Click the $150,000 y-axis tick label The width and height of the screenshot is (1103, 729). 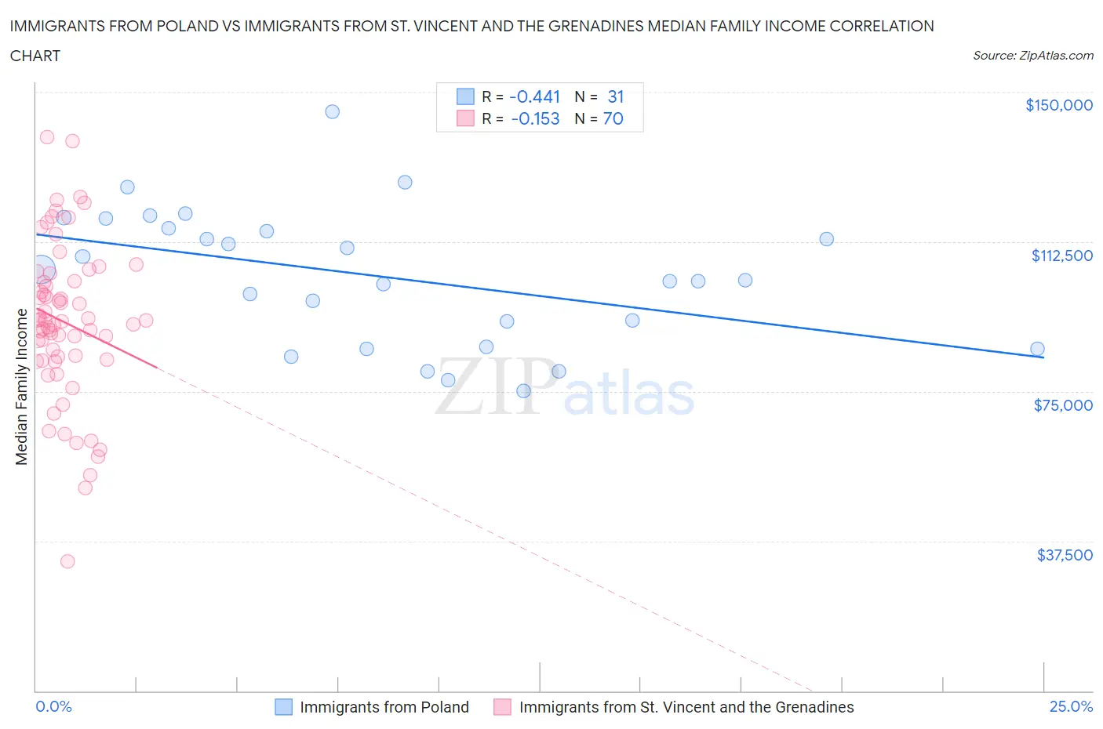(1058, 105)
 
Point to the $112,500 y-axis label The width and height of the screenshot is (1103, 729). (1061, 256)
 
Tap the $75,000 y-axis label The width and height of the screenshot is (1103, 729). (1063, 405)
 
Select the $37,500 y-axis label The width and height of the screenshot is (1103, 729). (1064, 555)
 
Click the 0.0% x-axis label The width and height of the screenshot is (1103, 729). (53, 706)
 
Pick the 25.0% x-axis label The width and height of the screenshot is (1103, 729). (1071, 706)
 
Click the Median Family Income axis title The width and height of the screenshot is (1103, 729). (22, 386)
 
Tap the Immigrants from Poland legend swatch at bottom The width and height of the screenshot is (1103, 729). (283, 707)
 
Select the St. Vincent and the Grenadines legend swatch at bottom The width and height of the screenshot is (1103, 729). (502, 707)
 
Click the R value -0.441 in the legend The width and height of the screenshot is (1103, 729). (534, 96)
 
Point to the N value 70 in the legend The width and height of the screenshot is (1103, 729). (613, 118)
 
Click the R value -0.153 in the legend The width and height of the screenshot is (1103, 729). (535, 118)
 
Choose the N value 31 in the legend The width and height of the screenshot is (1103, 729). (615, 96)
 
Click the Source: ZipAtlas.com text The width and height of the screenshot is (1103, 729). (1032, 55)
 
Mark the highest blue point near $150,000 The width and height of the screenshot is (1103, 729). (332, 111)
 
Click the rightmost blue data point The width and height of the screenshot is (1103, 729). (1037, 349)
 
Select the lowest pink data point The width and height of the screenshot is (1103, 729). (67, 561)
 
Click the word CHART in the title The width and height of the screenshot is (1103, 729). (35, 56)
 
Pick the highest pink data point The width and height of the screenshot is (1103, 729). (47, 136)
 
